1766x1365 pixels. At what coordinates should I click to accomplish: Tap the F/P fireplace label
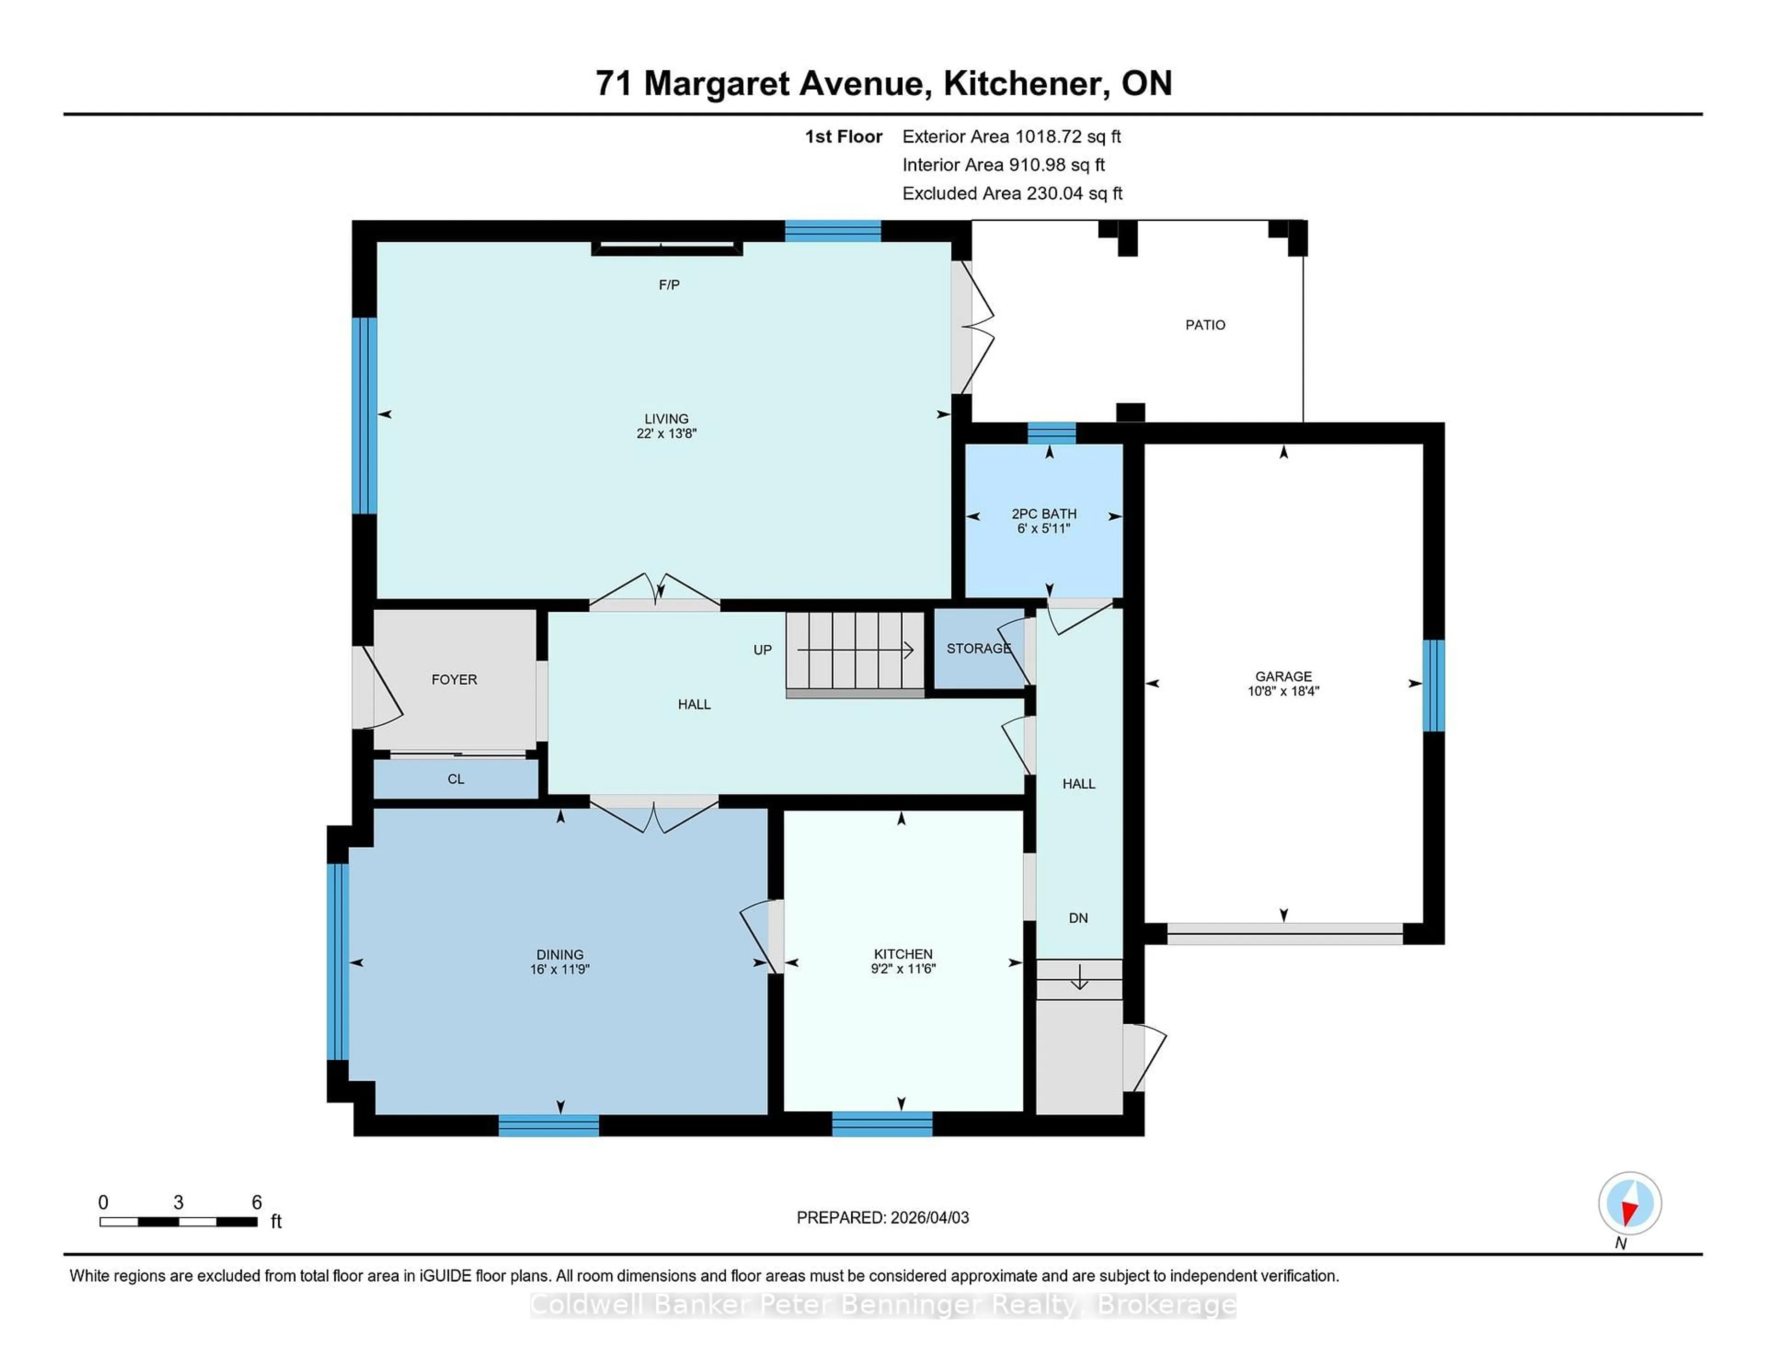(x=669, y=285)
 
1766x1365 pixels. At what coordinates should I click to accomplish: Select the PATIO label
(x=1205, y=325)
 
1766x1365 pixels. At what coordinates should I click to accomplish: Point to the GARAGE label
(x=1283, y=676)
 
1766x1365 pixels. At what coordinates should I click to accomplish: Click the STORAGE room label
(x=978, y=648)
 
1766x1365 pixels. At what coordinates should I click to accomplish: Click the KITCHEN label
(x=903, y=954)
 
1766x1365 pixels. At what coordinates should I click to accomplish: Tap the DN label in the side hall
(x=1078, y=918)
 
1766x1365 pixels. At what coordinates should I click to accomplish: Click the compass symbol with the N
(x=1629, y=1203)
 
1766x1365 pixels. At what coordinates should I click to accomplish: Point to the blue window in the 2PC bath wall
(x=1051, y=433)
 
